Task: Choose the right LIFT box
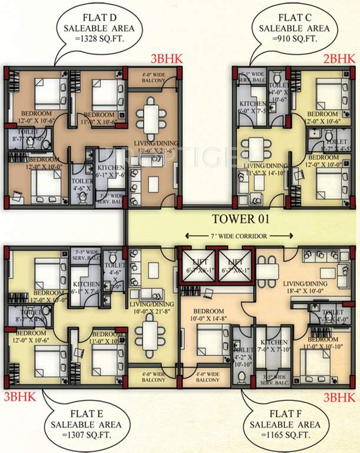235,264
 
